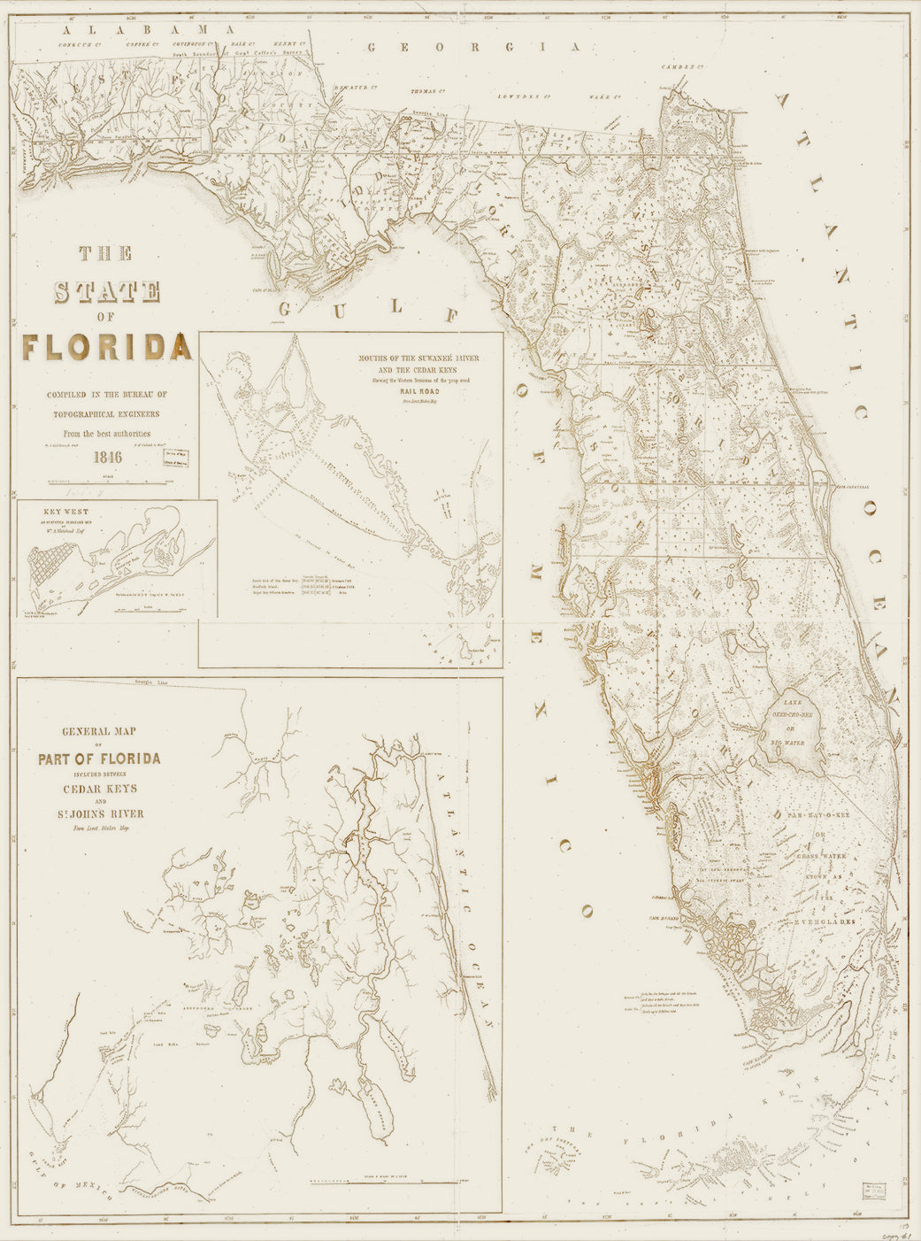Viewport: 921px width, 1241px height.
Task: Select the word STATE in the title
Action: pos(107,293)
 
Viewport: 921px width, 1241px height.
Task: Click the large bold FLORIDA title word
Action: pos(107,346)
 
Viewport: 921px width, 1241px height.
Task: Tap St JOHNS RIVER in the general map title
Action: pos(99,813)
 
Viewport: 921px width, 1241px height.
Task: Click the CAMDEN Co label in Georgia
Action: pos(684,68)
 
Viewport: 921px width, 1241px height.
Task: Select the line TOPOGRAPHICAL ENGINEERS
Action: pos(107,413)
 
